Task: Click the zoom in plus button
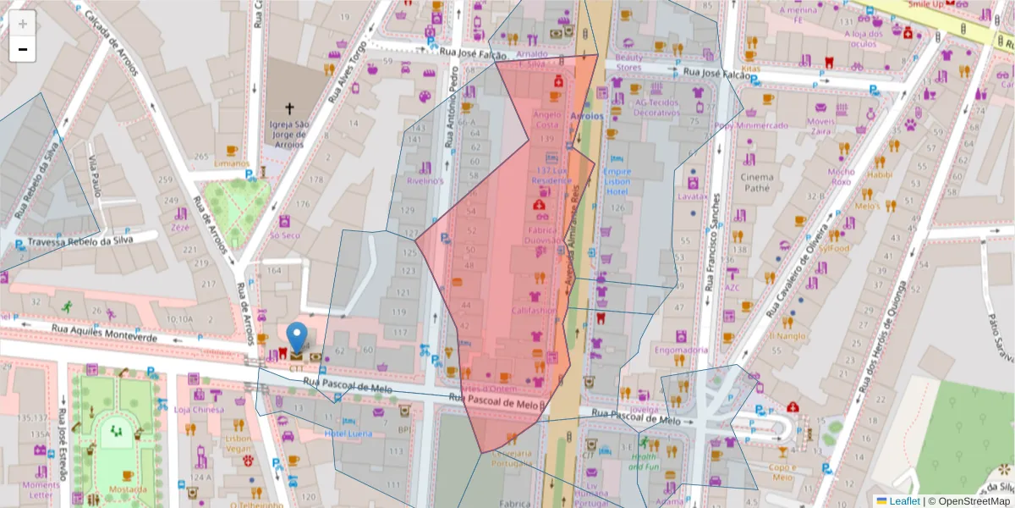click(x=23, y=23)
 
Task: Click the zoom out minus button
click(x=23, y=49)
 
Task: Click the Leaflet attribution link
click(x=904, y=500)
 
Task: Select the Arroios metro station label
click(x=587, y=115)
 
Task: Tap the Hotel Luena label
click(x=348, y=433)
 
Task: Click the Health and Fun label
click(x=644, y=461)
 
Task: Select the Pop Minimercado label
click(x=750, y=125)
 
